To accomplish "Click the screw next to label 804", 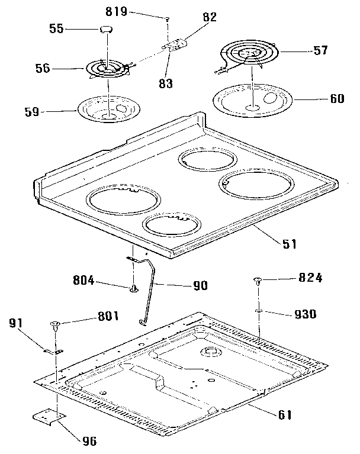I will click(x=135, y=289).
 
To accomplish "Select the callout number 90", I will click(x=200, y=285).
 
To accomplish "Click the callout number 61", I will click(x=285, y=414).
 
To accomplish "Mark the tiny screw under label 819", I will click(x=168, y=20).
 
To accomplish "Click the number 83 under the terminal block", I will click(x=165, y=84).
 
